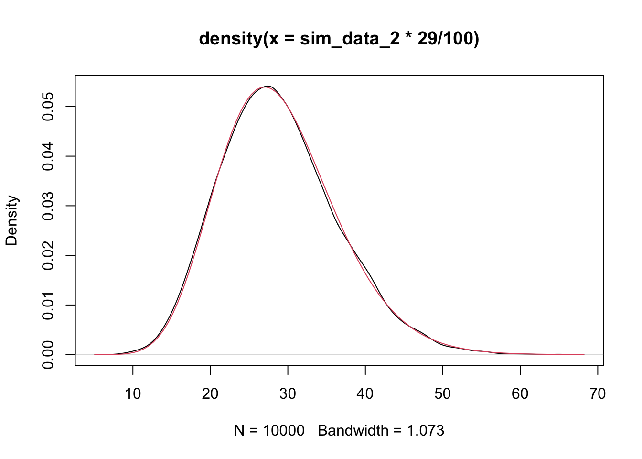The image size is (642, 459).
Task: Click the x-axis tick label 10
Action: [x=133, y=394]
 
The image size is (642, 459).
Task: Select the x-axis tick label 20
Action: [x=210, y=394]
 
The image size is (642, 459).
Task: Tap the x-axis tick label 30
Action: [x=288, y=394]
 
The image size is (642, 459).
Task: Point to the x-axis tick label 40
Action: [x=365, y=394]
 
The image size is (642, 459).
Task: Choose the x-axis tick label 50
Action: [x=443, y=394]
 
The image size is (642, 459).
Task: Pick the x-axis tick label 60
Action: [x=520, y=394]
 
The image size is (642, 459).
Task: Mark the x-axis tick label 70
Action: [x=598, y=394]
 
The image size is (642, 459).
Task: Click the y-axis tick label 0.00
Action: [x=48, y=354]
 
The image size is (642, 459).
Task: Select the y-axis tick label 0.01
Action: [x=48, y=305]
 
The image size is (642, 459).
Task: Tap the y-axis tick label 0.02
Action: [x=48, y=255]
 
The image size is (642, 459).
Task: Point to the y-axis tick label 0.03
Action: [x=48, y=206]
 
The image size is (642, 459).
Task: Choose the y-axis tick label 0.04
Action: [x=48, y=156]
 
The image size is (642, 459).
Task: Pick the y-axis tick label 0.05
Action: [x=48, y=107]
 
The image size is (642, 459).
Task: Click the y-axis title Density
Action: [x=11, y=220]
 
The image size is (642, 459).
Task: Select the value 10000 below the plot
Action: [x=283, y=431]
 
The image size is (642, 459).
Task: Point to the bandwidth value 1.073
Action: [x=425, y=431]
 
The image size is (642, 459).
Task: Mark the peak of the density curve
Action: [x=267, y=86]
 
